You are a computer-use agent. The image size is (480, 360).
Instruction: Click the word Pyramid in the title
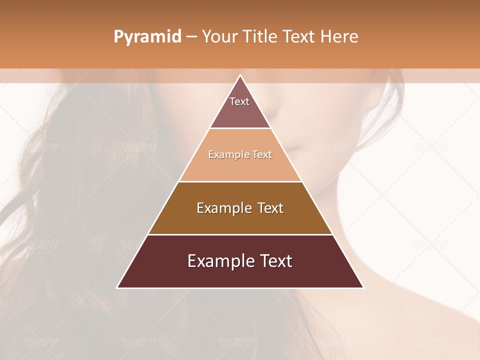click(x=147, y=37)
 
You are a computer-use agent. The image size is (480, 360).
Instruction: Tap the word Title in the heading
click(x=261, y=37)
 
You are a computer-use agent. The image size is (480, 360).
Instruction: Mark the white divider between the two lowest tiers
click(x=240, y=234)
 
